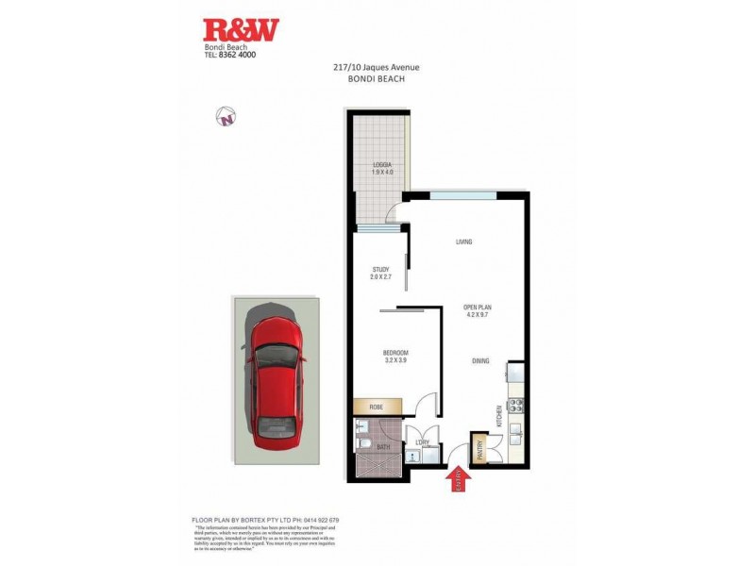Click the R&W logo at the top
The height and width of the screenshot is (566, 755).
pyautogui.click(x=242, y=30)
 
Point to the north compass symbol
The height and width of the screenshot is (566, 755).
pyautogui.click(x=226, y=117)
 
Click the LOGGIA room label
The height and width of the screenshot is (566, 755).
pyautogui.click(x=381, y=165)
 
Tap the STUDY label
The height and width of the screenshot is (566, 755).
pyautogui.click(x=380, y=271)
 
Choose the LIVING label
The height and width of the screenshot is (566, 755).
pyautogui.click(x=463, y=242)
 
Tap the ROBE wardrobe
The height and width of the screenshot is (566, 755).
pyautogui.click(x=377, y=408)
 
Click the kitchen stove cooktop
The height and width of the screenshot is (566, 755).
pyautogui.click(x=516, y=407)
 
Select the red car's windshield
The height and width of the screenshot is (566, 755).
pyautogui.click(x=277, y=356)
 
